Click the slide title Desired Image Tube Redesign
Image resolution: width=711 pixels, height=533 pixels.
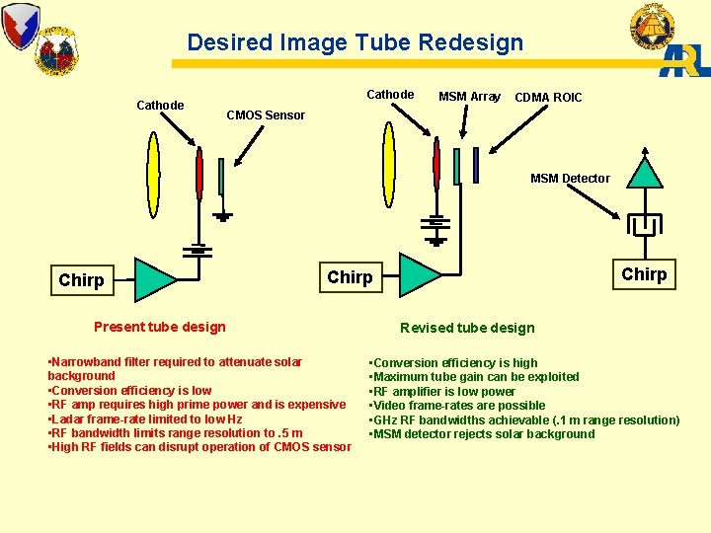(355, 42)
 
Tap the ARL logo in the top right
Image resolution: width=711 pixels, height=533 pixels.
(684, 60)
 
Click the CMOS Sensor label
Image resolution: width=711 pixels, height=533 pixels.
(266, 115)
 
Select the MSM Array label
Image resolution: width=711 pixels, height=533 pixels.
(469, 97)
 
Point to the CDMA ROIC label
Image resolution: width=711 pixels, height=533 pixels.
(548, 98)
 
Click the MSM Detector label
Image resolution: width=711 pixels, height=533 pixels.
(570, 179)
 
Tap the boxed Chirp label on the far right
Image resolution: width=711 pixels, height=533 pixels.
(644, 274)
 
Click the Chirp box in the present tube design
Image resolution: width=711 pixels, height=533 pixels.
(81, 280)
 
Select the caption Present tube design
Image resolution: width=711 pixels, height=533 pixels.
(159, 327)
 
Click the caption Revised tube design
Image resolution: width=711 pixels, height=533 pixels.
(467, 328)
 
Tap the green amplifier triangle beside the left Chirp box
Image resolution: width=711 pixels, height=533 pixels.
(155, 279)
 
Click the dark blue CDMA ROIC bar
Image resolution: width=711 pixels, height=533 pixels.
(476, 165)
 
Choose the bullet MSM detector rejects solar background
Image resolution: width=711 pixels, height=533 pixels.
(482, 434)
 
